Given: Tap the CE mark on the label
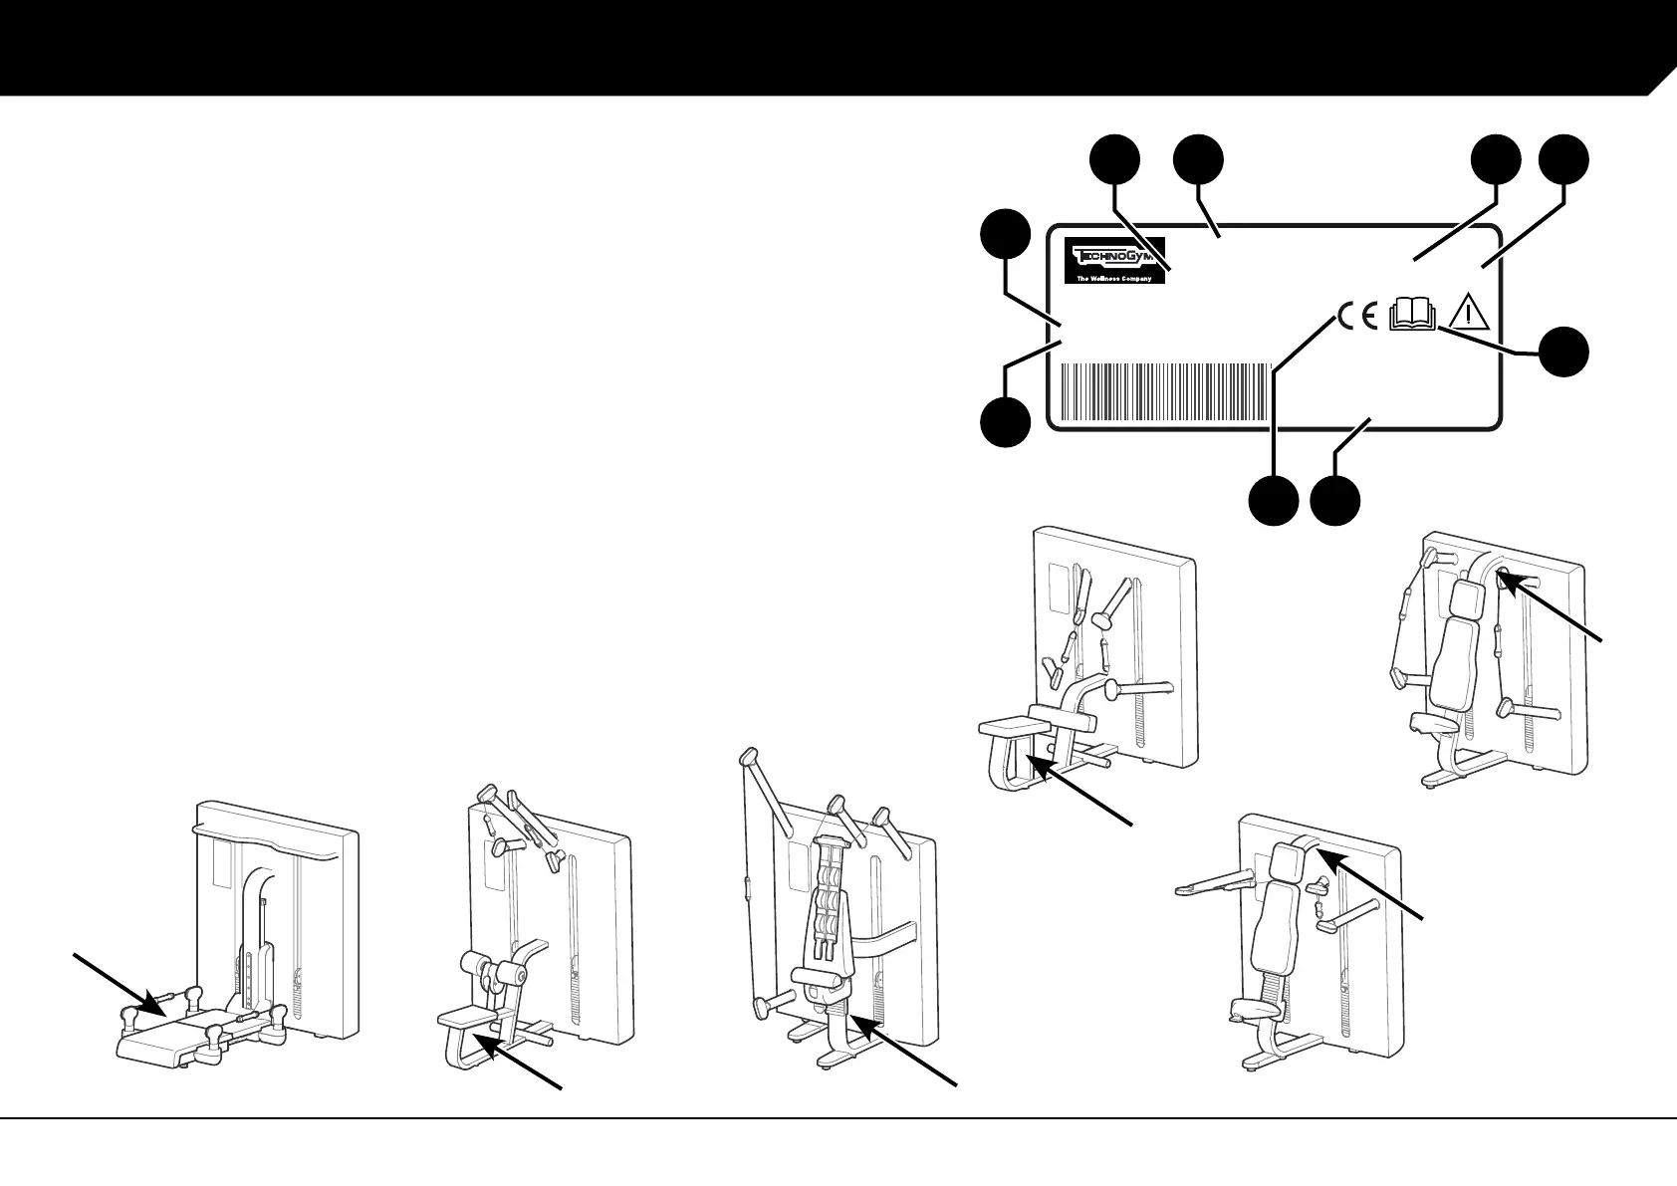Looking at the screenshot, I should (1357, 316).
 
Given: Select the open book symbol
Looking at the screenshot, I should (1412, 314).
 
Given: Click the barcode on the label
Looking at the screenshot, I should (1166, 393).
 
